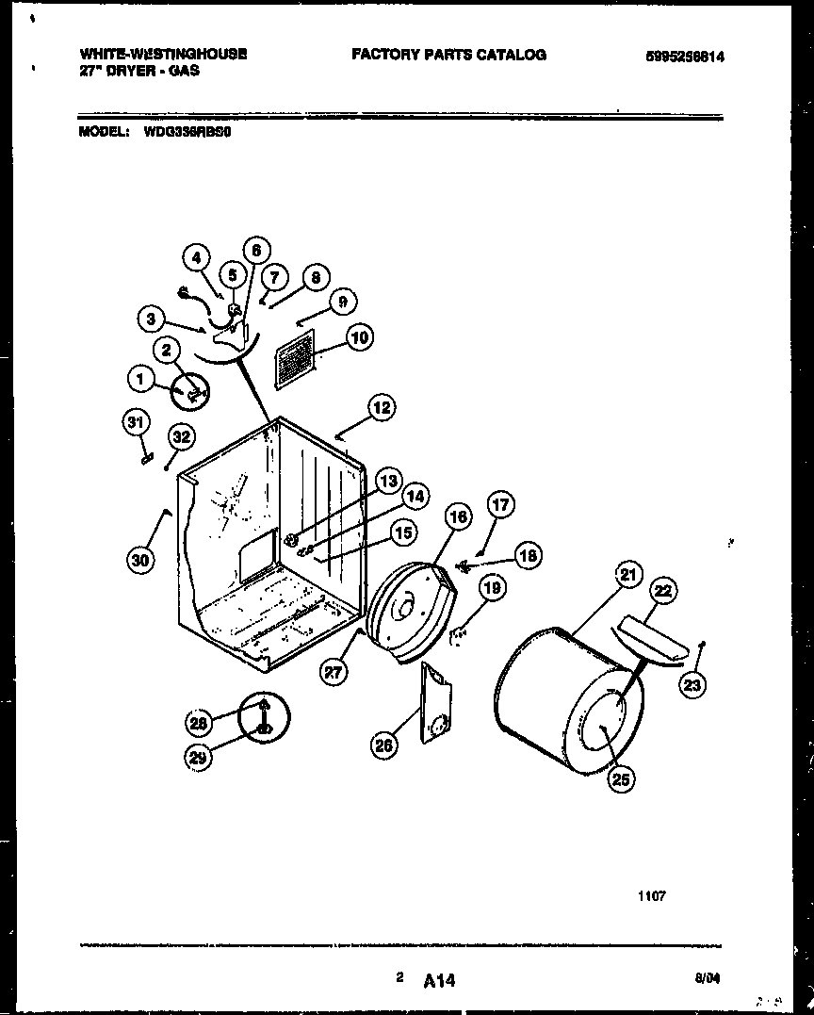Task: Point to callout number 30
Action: tap(140, 559)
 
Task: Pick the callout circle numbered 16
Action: tap(457, 516)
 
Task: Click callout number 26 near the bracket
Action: tap(383, 745)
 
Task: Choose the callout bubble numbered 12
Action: tap(381, 408)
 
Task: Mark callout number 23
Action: tap(692, 685)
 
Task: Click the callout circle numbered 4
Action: tap(196, 257)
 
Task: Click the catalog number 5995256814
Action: tap(685, 57)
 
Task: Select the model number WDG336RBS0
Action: tap(187, 133)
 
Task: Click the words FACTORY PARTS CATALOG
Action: tap(448, 55)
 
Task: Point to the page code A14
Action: tap(439, 981)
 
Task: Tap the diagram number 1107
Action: tap(652, 896)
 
